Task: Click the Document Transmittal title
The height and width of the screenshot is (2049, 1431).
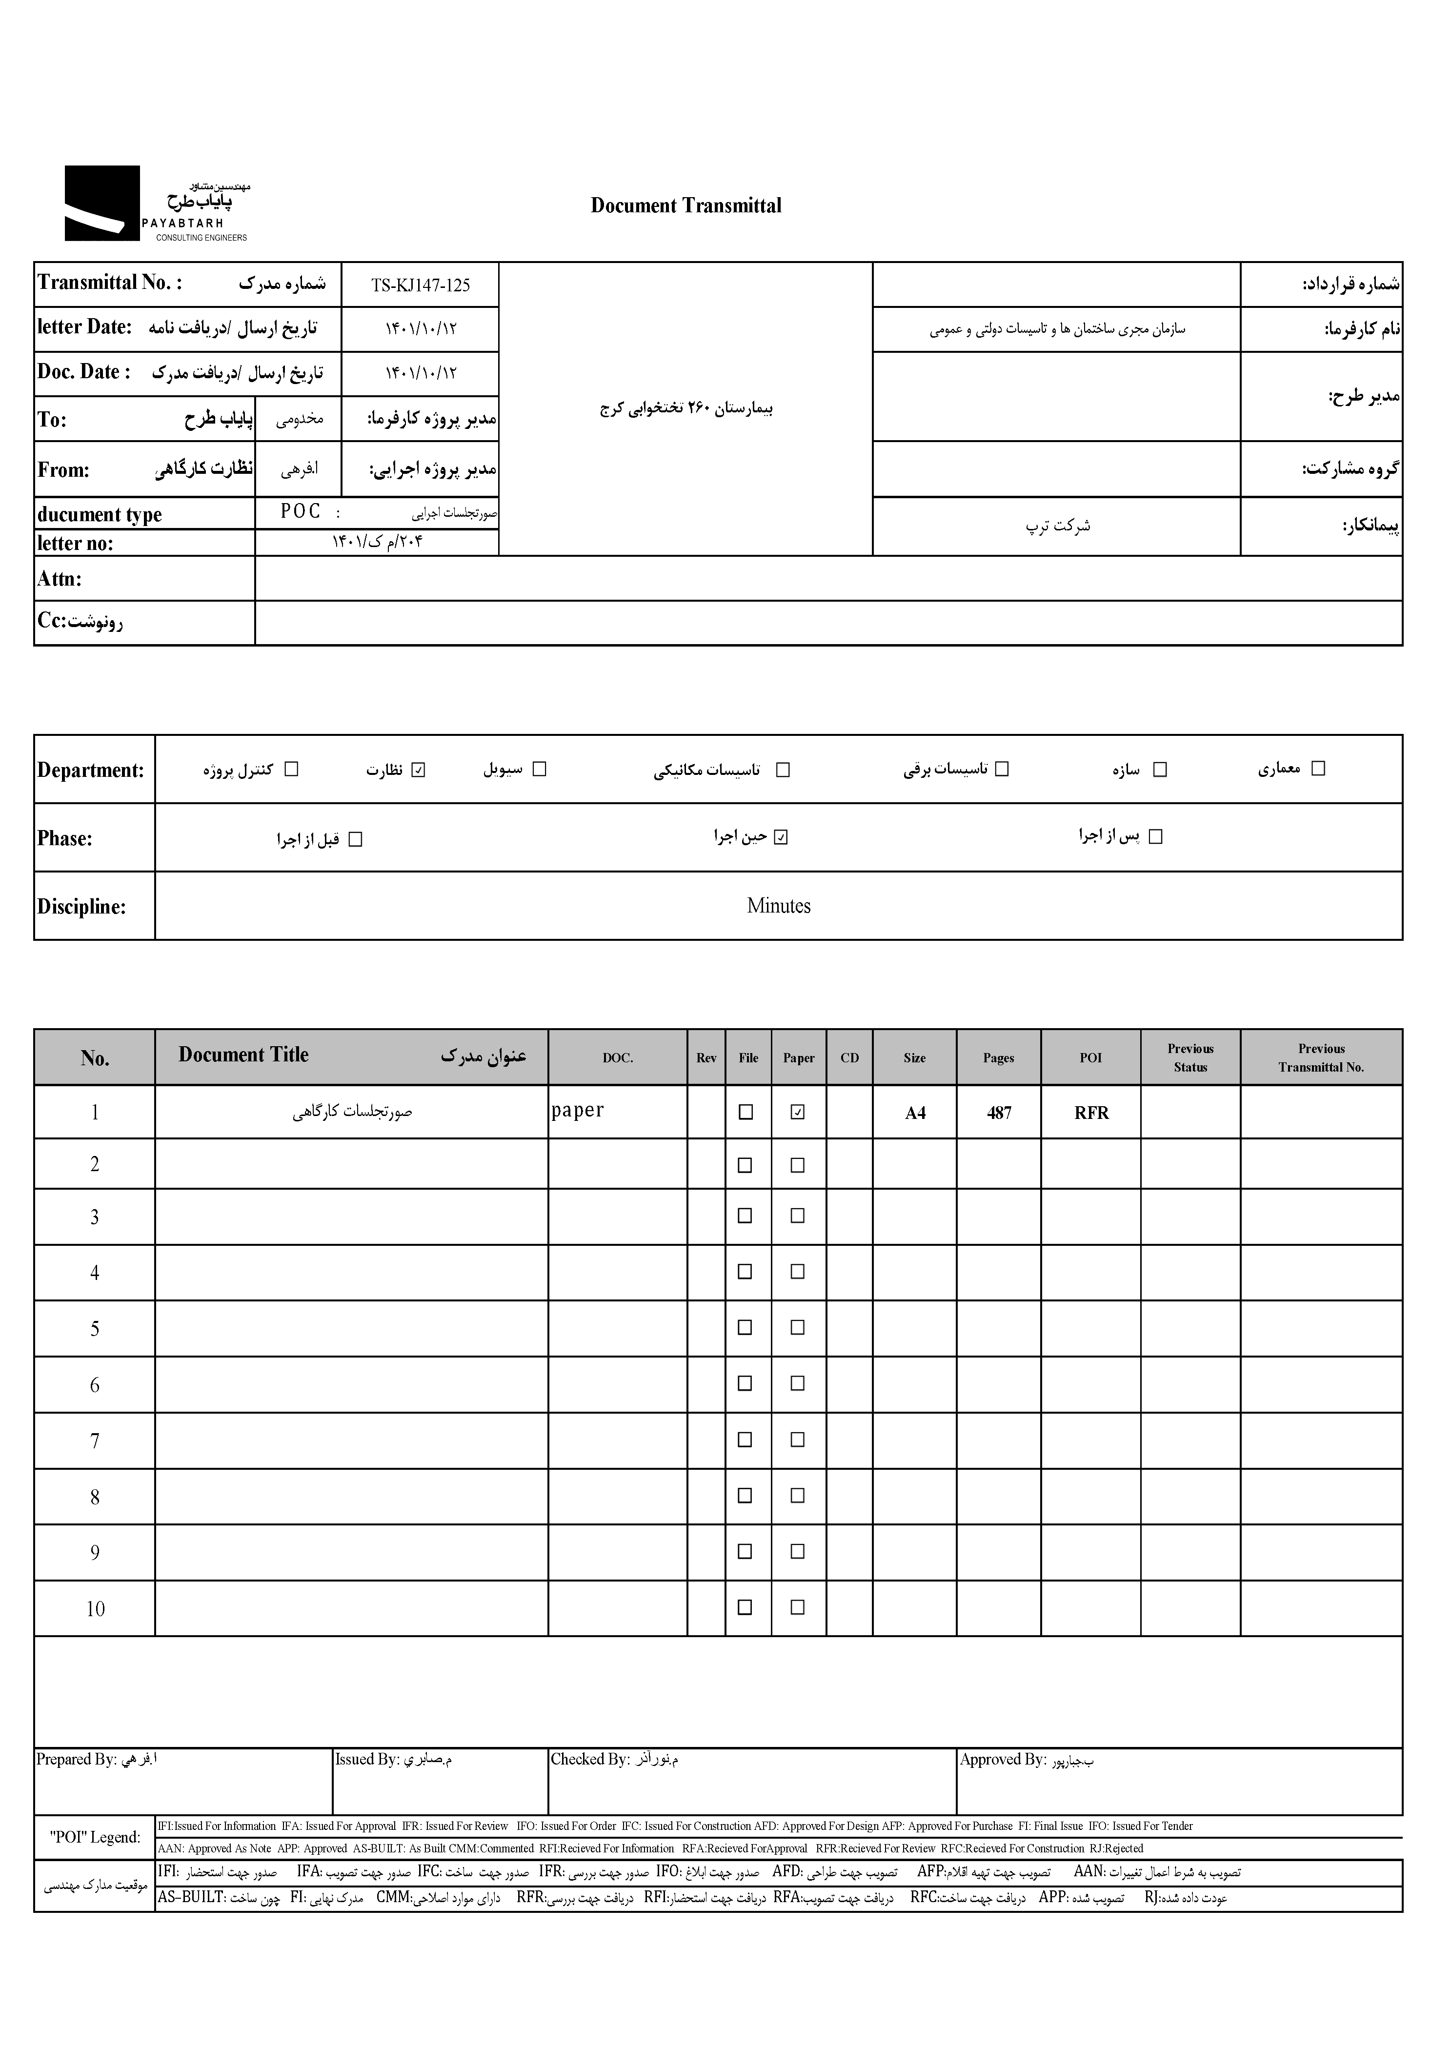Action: [x=685, y=206]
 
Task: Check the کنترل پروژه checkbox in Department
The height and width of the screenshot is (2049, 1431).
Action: [x=291, y=769]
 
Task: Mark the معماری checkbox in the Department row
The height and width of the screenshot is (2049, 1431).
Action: [x=1318, y=769]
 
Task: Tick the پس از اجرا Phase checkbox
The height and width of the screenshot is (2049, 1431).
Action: [x=1155, y=837]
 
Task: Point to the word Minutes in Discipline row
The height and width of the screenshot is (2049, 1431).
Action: [x=778, y=906]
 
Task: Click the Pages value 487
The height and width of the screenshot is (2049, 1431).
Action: [x=998, y=1113]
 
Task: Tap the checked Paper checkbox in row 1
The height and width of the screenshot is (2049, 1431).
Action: [x=798, y=1112]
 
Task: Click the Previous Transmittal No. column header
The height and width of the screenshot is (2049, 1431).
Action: [x=1320, y=1057]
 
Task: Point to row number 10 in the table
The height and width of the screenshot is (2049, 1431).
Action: [x=95, y=1609]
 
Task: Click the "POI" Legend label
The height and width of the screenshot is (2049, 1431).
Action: [x=94, y=1838]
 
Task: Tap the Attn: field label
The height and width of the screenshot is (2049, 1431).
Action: [x=60, y=579]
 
